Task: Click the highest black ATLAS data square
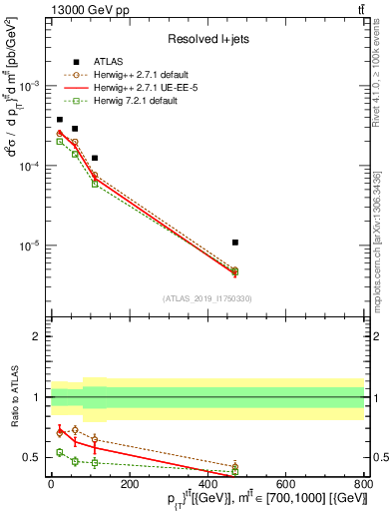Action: point(59,120)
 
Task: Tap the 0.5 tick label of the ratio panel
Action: point(33,457)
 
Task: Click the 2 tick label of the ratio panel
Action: point(38,336)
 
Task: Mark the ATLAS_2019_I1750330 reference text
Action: point(207,297)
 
